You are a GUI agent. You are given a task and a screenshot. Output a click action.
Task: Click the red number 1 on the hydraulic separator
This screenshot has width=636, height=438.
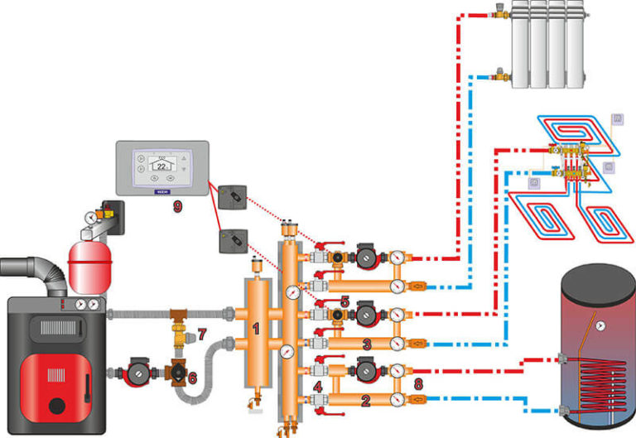tap(255, 329)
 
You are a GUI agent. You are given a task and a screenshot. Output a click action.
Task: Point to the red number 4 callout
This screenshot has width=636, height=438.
tap(319, 387)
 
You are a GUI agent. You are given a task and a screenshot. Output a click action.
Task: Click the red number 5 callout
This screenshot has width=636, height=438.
tap(344, 303)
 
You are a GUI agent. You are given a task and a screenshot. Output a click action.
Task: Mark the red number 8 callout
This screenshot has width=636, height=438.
tap(418, 383)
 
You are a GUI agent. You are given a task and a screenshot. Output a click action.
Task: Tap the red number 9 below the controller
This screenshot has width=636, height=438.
tap(177, 206)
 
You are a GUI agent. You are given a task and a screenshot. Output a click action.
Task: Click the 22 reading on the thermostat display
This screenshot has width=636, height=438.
tap(161, 164)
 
